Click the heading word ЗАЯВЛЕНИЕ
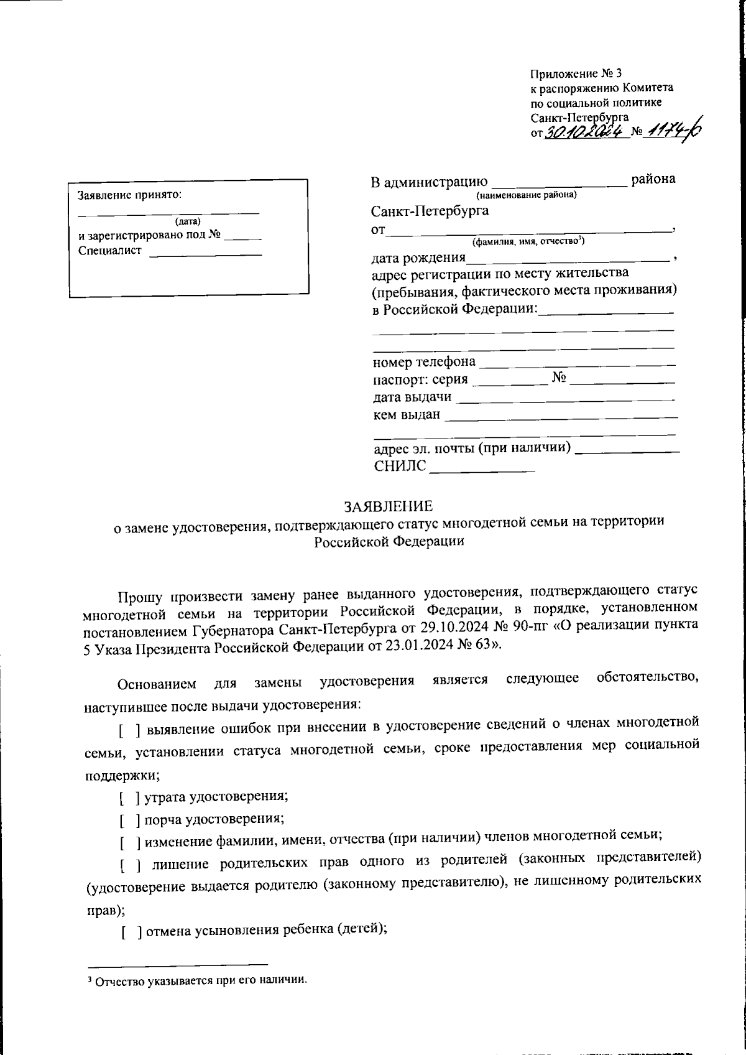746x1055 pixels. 388,506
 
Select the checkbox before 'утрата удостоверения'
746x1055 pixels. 129,796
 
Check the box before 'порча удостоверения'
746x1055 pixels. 129,819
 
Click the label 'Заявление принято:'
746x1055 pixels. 130,195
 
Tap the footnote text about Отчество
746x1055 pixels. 197,981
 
